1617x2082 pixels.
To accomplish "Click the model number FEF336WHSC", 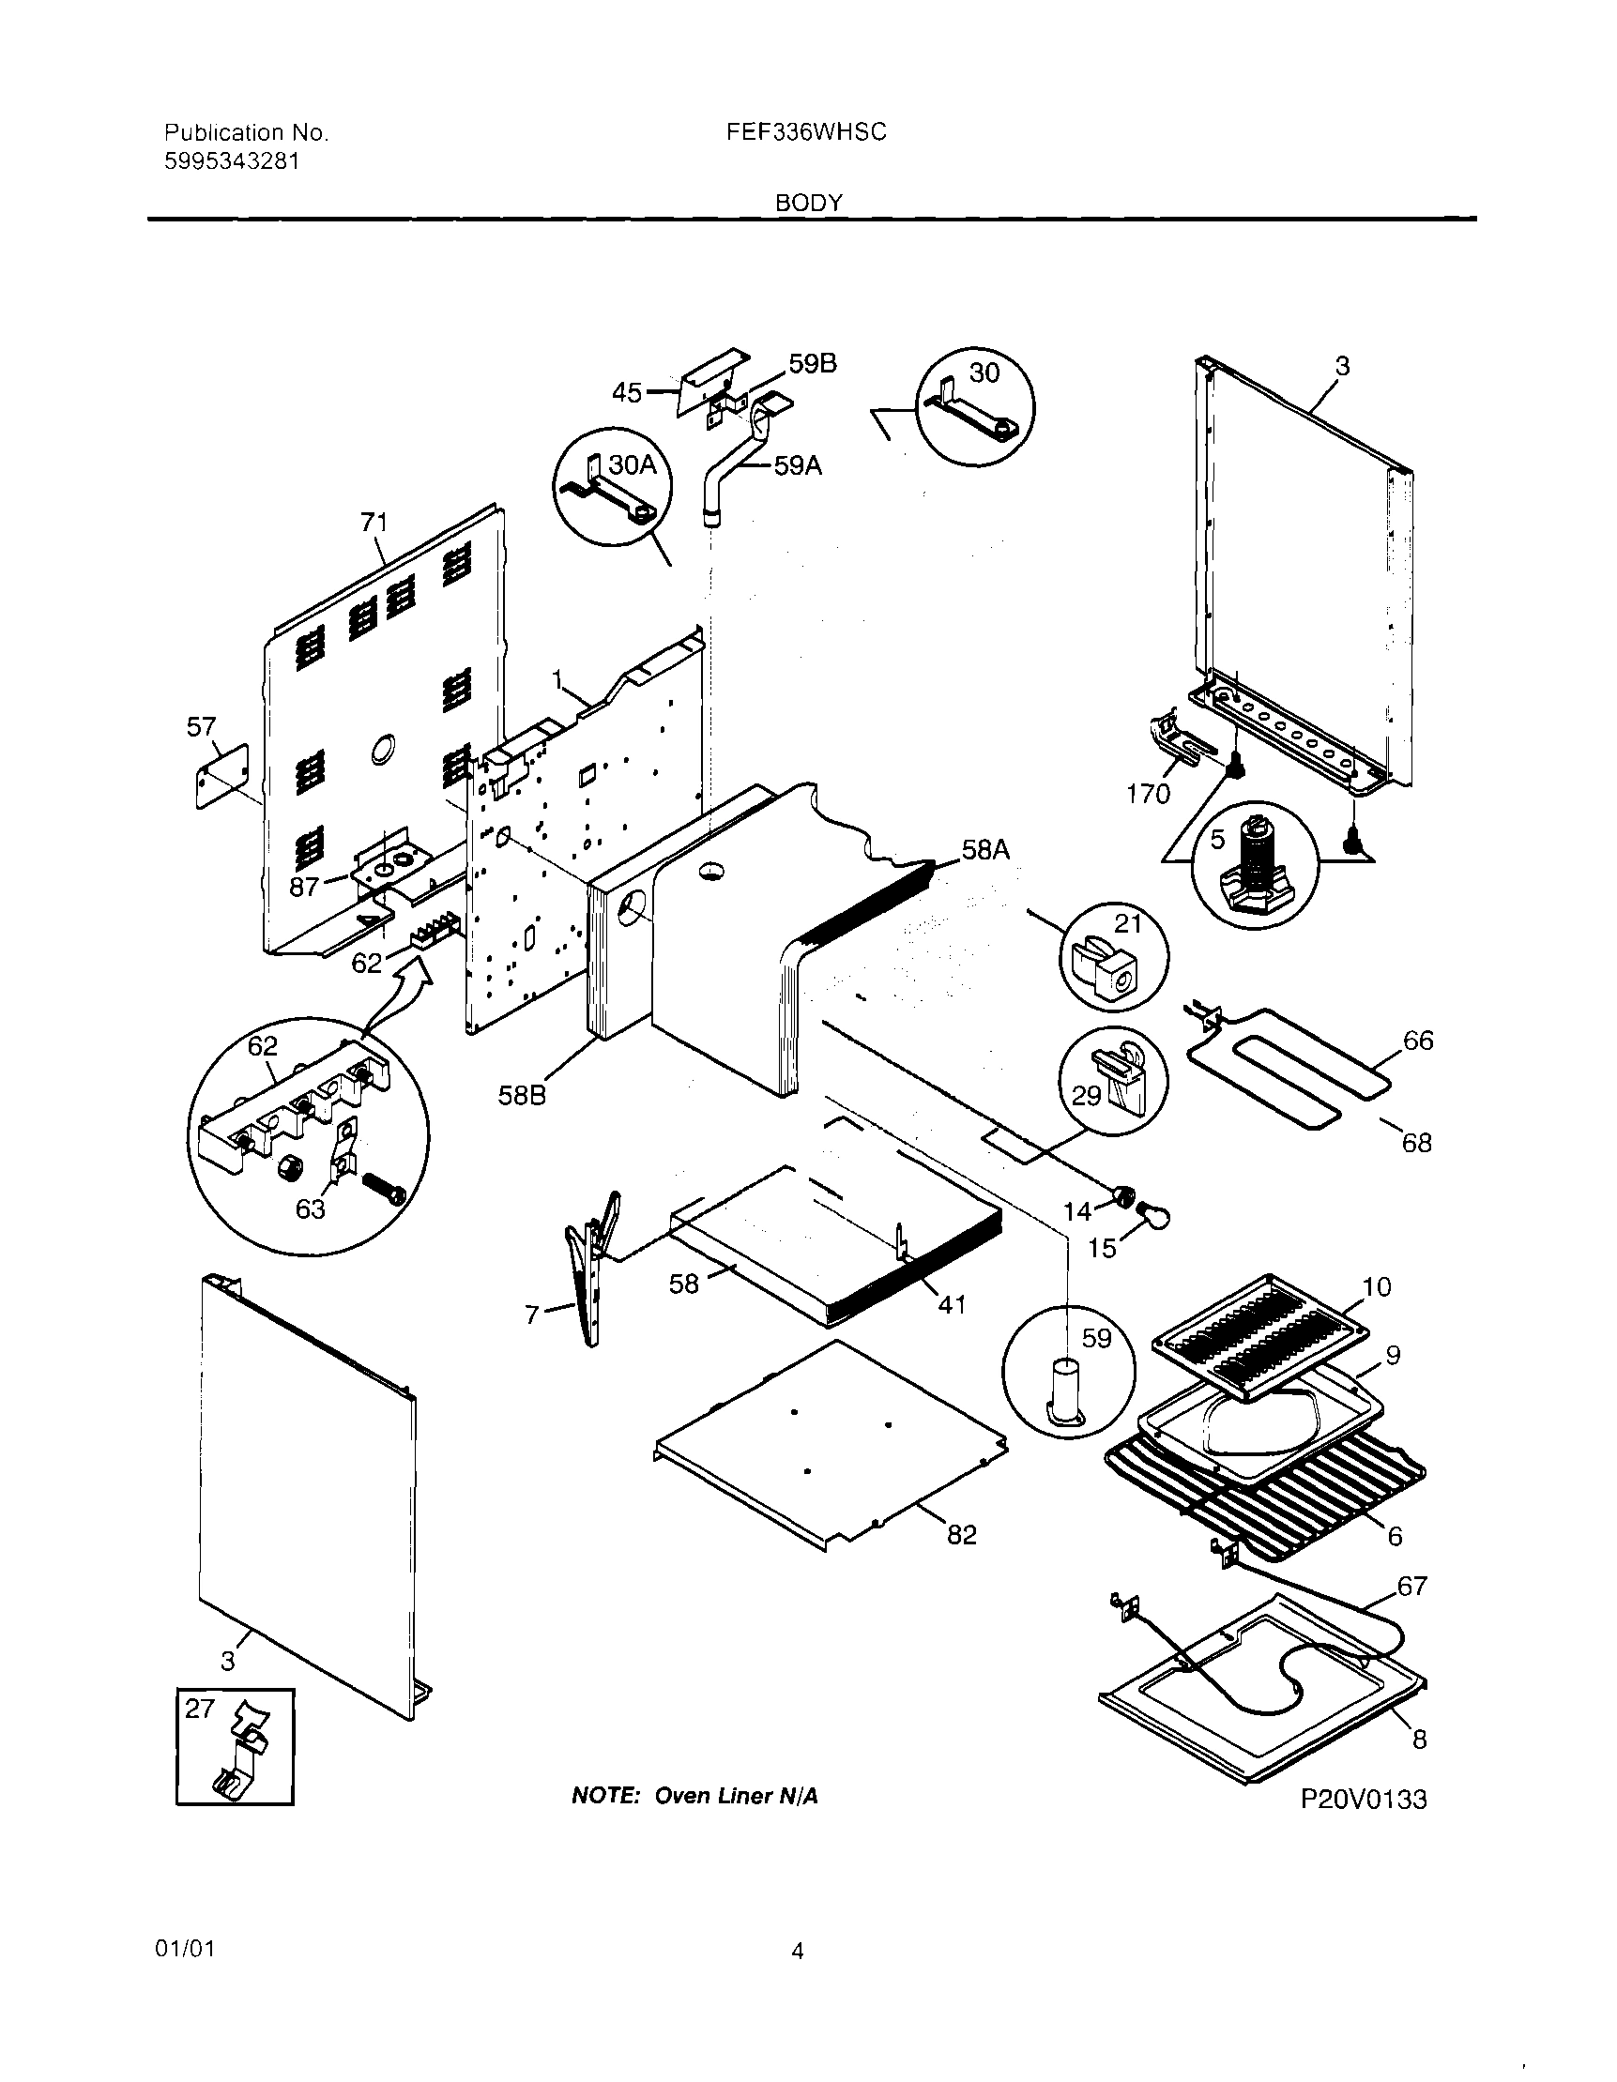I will pos(805,132).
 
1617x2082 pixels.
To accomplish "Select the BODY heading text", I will pos(809,203).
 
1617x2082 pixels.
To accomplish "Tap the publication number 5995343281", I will pos(232,162).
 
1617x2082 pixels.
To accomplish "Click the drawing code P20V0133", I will pos(1364,1800).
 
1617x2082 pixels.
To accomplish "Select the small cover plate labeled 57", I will pos(222,776).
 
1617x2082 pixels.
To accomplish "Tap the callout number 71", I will pos(374,523).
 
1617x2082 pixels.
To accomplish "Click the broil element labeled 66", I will pos(1287,1068).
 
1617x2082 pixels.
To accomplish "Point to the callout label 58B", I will pos(522,1095).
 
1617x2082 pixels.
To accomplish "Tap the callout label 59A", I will pos(797,466).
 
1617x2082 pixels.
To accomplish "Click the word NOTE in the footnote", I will pos(603,1796).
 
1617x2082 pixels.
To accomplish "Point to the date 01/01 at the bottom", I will pos(185,1949).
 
